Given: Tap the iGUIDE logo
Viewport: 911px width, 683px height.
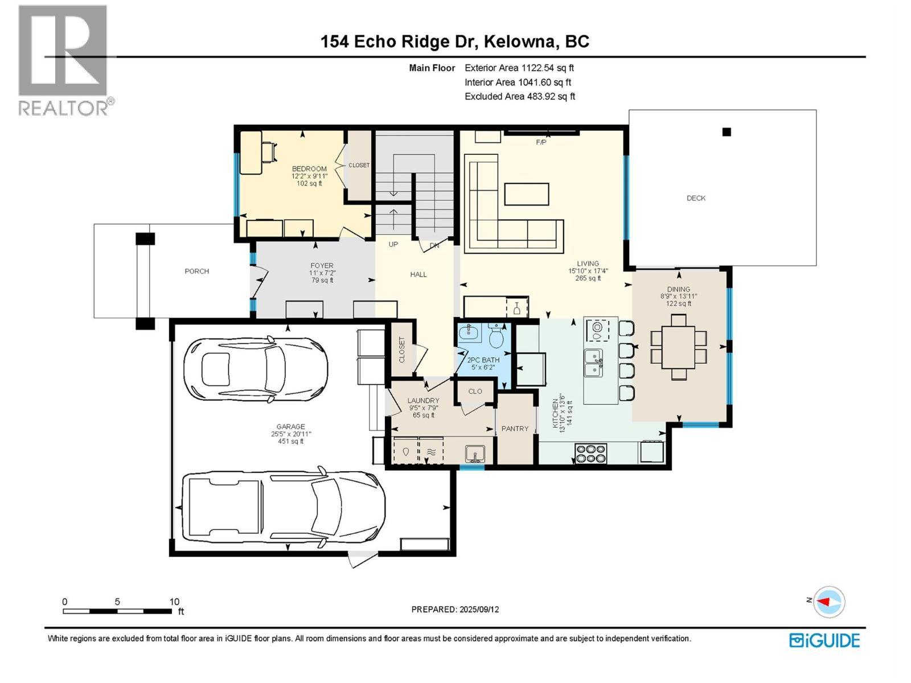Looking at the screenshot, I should [x=824, y=640].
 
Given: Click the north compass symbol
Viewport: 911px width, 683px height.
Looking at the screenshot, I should [x=828, y=602].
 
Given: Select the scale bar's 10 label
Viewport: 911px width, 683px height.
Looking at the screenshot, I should [x=174, y=602].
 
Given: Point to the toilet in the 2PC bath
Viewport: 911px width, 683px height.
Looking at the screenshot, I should [x=496, y=336].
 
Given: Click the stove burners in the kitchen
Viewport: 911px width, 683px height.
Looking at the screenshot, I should [x=590, y=454].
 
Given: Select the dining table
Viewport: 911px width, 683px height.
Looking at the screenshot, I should [x=678, y=347].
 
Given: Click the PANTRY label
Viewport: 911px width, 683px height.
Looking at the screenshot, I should [x=515, y=429].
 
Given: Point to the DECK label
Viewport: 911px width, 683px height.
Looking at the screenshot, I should [x=696, y=198].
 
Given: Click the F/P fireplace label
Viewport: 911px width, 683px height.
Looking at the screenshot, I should [x=541, y=142].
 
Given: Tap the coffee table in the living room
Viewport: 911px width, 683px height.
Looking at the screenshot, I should [x=527, y=194].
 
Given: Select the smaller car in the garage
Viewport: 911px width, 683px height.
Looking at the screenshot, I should [x=255, y=368].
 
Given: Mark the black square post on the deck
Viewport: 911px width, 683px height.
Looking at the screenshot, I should [x=727, y=132].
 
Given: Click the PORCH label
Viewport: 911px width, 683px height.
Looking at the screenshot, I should [x=196, y=271].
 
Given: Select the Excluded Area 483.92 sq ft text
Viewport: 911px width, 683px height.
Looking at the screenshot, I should [x=519, y=96].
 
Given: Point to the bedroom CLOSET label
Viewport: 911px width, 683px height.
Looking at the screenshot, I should [x=359, y=165].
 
